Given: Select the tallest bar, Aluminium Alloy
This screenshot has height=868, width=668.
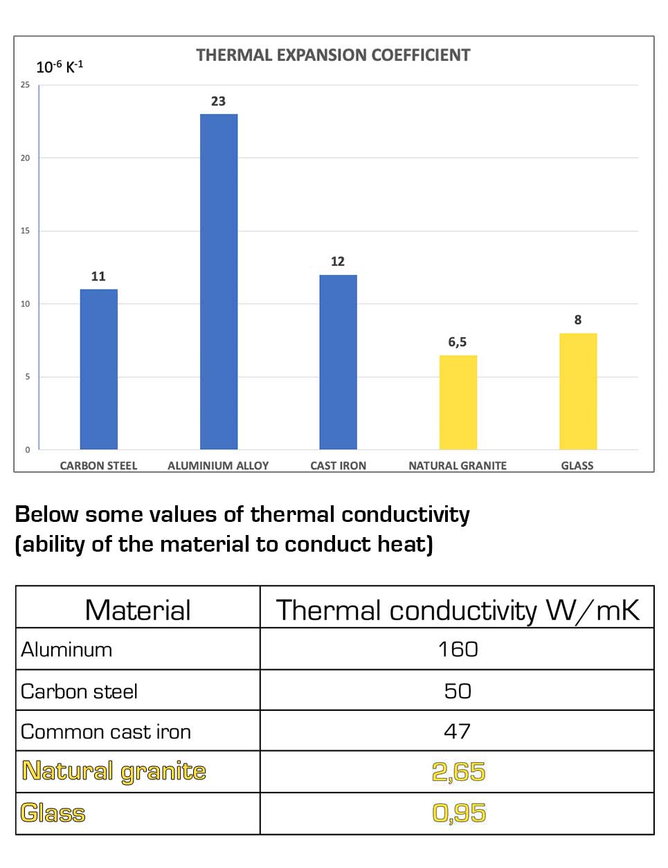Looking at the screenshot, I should [219, 281].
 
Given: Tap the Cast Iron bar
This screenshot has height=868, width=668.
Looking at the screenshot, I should [338, 361].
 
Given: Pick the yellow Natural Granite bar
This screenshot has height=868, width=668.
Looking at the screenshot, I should [458, 402].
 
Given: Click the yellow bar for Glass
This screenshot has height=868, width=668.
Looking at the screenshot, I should [578, 391].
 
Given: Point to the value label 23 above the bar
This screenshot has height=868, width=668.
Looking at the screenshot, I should [219, 101].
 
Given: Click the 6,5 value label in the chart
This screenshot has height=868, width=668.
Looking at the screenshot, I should [458, 342].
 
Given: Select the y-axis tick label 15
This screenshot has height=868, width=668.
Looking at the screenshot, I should [26, 231].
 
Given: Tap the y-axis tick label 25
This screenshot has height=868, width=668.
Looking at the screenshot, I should [26, 85].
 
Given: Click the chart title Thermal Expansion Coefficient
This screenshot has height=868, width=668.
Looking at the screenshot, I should [333, 55].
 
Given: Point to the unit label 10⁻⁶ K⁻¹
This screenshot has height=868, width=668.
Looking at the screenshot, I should [60, 67].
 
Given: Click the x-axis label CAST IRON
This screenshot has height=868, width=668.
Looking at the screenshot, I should [338, 466].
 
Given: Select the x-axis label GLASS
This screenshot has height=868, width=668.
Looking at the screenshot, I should [577, 466].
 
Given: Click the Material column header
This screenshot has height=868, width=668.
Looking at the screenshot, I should [138, 610].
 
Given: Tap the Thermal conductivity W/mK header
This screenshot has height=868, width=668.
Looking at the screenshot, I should [458, 610].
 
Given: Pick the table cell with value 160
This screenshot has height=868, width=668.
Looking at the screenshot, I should [458, 649].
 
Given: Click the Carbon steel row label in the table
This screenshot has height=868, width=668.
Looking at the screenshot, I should [80, 691].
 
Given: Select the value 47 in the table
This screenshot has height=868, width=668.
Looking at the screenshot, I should [458, 731].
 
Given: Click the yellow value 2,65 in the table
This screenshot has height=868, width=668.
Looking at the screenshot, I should [458, 772].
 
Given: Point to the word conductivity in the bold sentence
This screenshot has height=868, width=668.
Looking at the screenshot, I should [406, 514].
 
